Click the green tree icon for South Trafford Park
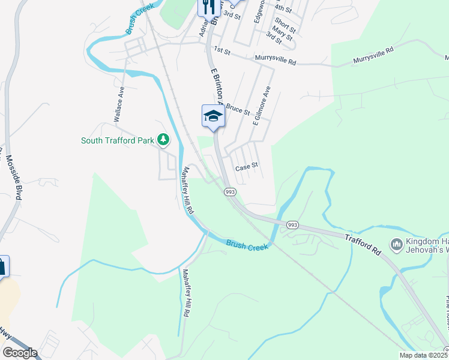[x=163, y=140]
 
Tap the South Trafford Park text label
[x=118, y=141]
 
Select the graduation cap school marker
[x=213, y=116]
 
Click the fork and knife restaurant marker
[x=207, y=7]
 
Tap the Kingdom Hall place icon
[x=396, y=244]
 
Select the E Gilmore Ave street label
[x=262, y=106]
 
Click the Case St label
[x=246, y=166]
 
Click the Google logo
[x=20, y=353]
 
